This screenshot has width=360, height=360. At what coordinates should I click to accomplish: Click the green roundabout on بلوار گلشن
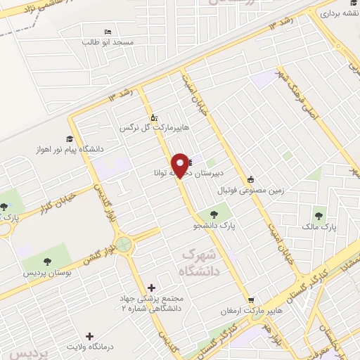pyautogui.click(x=125, y=245)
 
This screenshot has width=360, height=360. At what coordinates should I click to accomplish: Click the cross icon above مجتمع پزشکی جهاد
pyautogui.click(x=152, y=287)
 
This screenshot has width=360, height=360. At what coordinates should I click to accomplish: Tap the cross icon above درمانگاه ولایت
pyautogui.click(x=89, y=336)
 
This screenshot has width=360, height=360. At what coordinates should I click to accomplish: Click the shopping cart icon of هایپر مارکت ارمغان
pyautogui.click(x=251, y=299)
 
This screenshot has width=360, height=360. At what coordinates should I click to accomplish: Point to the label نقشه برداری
pyautogui.click(x=340, y=13)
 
